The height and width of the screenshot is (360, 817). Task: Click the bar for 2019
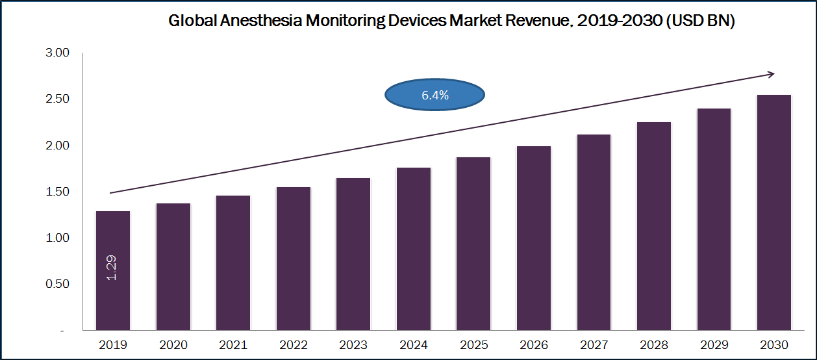pyautogui.click(x=113, y=270)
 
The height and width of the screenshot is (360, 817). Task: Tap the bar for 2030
pyautogui.click(x=774, y=212)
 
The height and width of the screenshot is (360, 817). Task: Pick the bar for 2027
pyautogui.click(x=594, y=232)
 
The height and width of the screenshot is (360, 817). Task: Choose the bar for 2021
pyautogui.click(x=233, y=263)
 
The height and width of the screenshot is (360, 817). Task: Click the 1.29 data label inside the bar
pyautogui.click(x=112, y=267)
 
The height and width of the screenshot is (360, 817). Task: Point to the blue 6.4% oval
pyautogui.click(x=434, y=96)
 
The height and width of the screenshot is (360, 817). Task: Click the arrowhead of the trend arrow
pyautogui.click(x=770, y=74)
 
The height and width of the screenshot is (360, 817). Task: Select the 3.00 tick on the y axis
pyautogui.click(x=57, y=53)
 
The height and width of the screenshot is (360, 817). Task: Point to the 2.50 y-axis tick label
pyautogui.click(x=57, y=99)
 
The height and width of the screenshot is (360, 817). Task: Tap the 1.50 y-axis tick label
pyautogui.click(x=57, y=192)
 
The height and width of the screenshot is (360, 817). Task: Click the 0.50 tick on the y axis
pyautogui.click(x=57, y=284)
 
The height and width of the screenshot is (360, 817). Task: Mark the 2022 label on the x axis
pyautogui.click(x=293, y=344)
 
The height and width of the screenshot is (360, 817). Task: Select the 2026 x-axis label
pyautogui.click(x=534, y=344)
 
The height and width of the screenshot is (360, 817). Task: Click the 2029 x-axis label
pyautogui.click(x=714, y=344)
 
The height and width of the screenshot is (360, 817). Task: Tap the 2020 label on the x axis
pyautogui.click(x=173, y=344)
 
